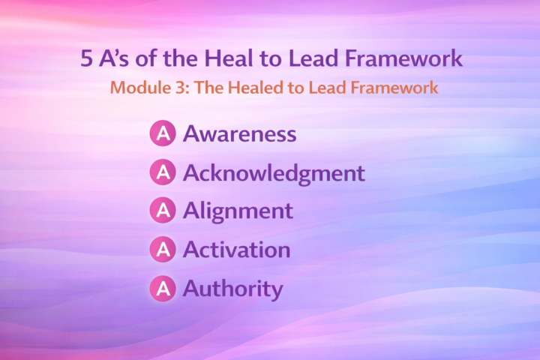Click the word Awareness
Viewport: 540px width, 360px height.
click(239, 134)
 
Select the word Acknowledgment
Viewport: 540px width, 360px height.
click(274, 173)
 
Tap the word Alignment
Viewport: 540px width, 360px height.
click(238, 211)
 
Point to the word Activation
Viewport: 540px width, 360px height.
click(236, 250)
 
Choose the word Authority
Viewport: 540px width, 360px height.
click(233, 289)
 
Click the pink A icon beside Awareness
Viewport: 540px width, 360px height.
click(163, 134)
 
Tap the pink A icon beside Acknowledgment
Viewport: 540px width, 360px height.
click(163, 173)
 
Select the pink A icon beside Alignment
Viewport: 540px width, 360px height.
click(163, 211)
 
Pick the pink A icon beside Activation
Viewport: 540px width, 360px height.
click(163, 250)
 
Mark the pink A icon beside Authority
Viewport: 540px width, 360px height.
click(163, 288)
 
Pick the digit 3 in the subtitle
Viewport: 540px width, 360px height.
click(177, 87)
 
